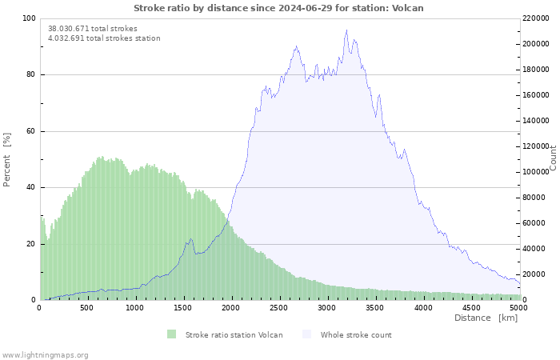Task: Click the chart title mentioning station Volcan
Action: click(278, 8)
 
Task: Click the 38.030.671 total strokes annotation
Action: click(92, 29)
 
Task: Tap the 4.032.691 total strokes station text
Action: click(104, 38)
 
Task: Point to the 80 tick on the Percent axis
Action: click(30, 75)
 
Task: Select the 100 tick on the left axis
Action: click(29, 18)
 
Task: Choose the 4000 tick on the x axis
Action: click(423, 307)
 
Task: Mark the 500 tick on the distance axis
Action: click(87, 307)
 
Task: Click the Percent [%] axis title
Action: click(7, 159)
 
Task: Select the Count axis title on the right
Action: click(553, 158)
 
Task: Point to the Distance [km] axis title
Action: click(486, 318)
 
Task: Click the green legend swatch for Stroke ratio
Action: click(172, 334)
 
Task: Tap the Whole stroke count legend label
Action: click(356, 334)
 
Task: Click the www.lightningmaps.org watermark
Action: click(45, 354)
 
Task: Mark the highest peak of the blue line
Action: click(346, 30)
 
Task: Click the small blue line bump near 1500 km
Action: click(190, 238)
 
